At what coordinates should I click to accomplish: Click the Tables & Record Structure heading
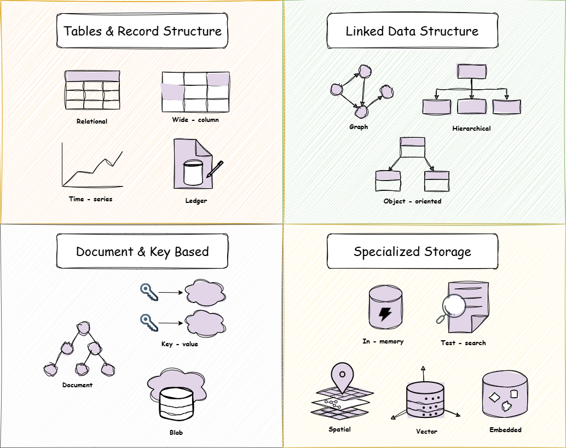(142, 31)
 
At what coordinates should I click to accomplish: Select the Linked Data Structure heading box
(412, 31)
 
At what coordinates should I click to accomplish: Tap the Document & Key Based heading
(142, 252)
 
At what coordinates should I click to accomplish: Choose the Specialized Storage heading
(412, 252)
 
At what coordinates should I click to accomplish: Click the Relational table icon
(92, 90)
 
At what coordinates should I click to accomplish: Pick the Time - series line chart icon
(92, 164)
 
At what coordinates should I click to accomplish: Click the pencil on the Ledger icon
(215, 170)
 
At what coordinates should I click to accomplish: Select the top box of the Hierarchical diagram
(472, 72)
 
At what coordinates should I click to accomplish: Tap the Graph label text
(359, 127)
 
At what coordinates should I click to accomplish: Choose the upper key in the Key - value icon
(148, 292)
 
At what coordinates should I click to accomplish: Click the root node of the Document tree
(83, 328)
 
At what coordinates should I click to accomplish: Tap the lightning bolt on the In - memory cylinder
(385, 314)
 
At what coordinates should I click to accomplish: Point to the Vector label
(426, 432)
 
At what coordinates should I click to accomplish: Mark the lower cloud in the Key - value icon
(205, 323)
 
